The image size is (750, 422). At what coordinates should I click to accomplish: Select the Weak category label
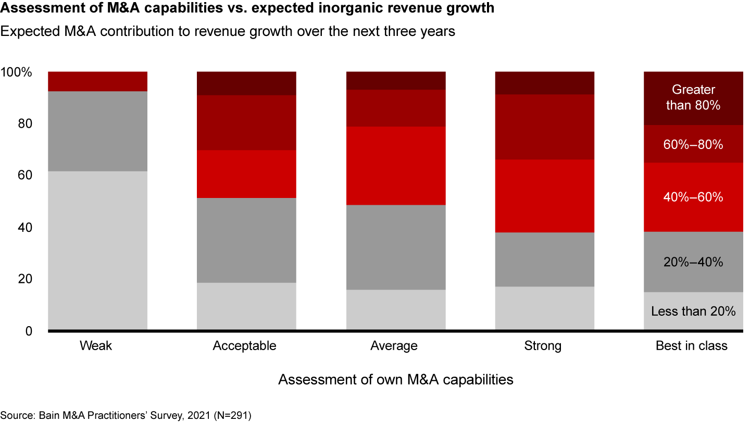point(96,346)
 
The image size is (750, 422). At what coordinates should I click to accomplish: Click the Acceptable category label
point(244,346)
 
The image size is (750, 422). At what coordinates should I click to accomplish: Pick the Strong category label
point(543,346)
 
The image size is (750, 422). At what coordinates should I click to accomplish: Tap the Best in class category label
point(692,346)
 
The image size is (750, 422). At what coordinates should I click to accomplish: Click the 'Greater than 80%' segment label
point(693,97)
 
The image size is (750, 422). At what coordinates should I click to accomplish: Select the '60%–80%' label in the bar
point(693,145)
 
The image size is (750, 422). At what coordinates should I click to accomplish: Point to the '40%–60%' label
point(693,197)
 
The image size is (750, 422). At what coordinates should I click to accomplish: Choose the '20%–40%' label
point(693,262)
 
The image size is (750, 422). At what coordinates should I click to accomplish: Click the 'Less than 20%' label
point(693,312)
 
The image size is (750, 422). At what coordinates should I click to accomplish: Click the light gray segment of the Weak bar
point(97,250)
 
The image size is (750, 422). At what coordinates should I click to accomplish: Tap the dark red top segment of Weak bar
point(97,81)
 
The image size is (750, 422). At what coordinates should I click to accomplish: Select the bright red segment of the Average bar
point(396,166)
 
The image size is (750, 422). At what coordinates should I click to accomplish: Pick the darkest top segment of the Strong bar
point(544,83)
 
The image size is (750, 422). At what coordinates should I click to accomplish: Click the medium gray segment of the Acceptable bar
point(246,240)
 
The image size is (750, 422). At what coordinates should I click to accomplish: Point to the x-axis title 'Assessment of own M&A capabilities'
point(395,380)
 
